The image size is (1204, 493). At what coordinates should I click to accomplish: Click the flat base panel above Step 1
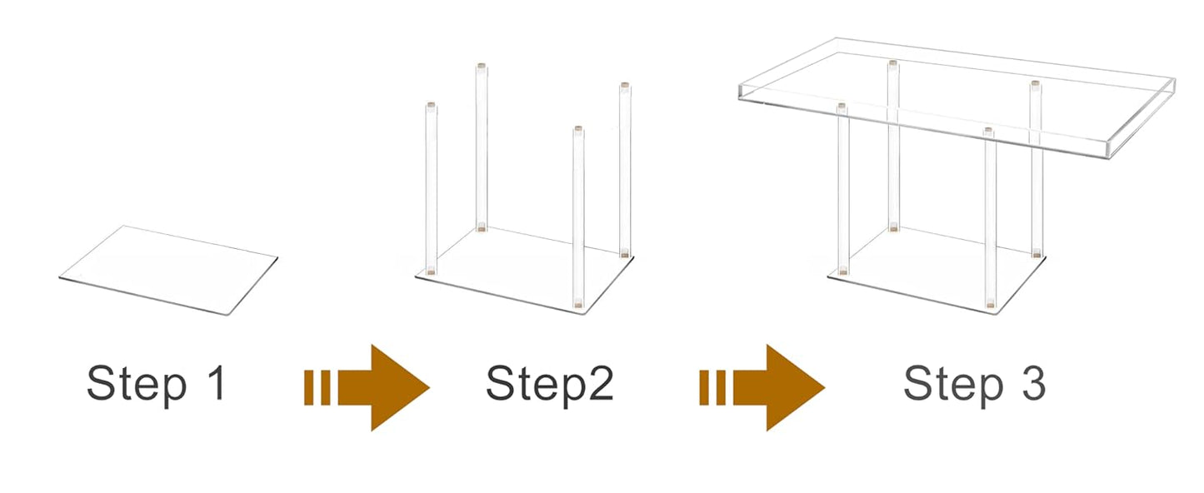pyautogui.click(x=168, y=270)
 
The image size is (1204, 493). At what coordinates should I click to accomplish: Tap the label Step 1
pyautogui.click(x=156, y=383)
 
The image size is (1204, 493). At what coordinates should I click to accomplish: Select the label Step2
pyautogui.click(x=549, y=383)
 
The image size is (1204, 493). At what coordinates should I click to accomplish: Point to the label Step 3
pyautogui.click(x=974, y=383)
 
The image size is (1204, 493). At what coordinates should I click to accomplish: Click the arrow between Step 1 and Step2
pyautogui.click(x=367, y=388)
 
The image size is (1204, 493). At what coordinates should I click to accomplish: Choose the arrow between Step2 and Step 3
pyautogui.click(x=762, y=388)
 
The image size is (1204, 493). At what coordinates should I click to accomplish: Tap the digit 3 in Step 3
pyautogui.click(x=1033, y=382)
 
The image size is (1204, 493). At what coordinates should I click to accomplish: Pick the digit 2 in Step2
pyautogui.click(x=601, y=382)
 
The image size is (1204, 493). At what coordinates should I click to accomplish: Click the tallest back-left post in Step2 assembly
pyautogui.click(x=481, y=147)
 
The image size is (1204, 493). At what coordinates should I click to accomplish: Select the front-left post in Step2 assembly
pyautogui.click(x=431, y=188)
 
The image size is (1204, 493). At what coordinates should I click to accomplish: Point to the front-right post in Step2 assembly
pyautogui.click(x=578, y=217)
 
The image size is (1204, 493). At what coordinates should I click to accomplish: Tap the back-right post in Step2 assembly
pyautogui.click(x=624, y=170)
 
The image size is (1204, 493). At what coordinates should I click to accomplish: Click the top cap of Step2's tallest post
pyautogui.click(x=481, y=66)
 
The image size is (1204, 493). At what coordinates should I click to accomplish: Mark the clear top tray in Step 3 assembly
pyautogui.click(x=956, y=98)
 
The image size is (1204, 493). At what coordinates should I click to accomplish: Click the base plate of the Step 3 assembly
pyautogui.click(x=937, y=271)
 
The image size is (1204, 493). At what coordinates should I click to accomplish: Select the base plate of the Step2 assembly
pyautogui.click(x=524, y=271)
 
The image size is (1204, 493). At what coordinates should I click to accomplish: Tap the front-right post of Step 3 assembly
pyautogui.click(x=990, y=218)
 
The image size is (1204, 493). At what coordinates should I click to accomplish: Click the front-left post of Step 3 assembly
pyautogui.click(x=843, y=189)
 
